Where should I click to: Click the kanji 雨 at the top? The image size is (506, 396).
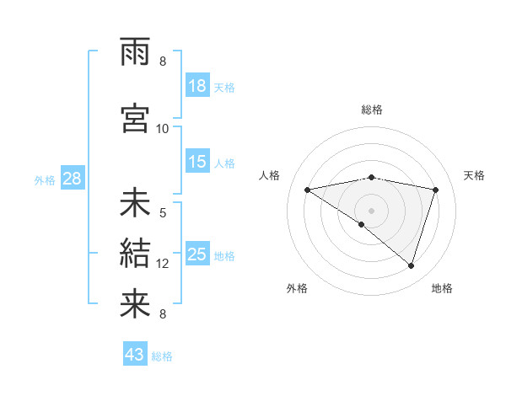(x=135, y=54)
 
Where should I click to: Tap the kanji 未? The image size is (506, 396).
(x=135, y=204)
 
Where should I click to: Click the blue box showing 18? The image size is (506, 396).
(x=197, y=86)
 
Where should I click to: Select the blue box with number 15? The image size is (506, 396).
(x=197, y=162)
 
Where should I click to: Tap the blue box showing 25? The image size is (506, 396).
(x=197, y=254)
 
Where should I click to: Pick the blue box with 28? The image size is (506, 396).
(x=72, y=179)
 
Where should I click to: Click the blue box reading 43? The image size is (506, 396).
(x=135, y=355)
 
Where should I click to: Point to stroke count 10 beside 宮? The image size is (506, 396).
(x=163, y=129)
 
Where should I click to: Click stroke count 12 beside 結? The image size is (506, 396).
(x=163, y=264)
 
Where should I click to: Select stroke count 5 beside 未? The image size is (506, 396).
(x=163, y=213)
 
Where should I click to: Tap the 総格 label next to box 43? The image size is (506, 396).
(x=163, y=356)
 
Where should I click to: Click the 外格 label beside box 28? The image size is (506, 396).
(x=45, y=179)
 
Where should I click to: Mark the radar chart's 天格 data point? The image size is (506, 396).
(x=436, y=190)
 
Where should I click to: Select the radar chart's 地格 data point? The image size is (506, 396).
(x=411, y=265)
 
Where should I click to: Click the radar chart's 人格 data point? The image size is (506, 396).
(x=308, y=190)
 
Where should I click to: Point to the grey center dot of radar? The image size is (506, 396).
(x=371, y=209)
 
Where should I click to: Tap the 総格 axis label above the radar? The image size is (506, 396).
(x=372, y=110)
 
